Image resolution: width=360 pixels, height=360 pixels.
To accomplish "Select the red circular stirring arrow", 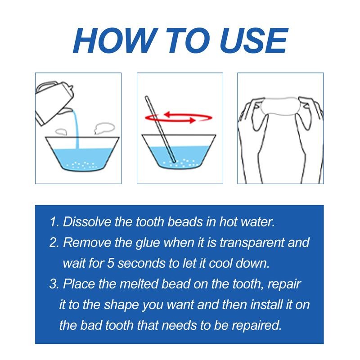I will [x=180, y=117].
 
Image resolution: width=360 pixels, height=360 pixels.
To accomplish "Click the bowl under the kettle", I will [x=78, y=155].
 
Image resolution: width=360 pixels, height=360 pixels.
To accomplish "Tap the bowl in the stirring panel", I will [x=180, y=155].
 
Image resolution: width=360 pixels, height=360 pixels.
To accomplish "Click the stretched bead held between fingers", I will [x=279, y=108].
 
